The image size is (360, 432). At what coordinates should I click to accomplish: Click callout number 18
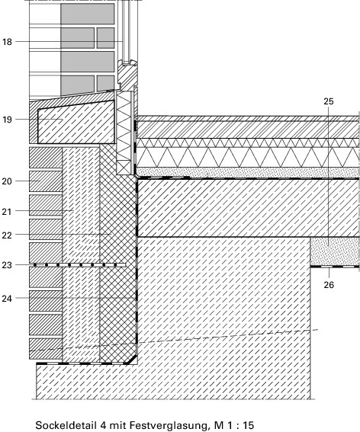click(x=8, y=42)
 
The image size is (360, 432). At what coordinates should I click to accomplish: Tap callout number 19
click(x=8, y=120)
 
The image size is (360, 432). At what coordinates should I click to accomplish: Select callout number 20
click(x=7, y=181)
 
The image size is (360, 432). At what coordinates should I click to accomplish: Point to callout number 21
click(x=7, y=212)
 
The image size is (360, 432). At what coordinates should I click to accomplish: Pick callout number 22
click(x=7, y=235)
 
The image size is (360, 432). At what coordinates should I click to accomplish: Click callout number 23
click(x=7, y=265)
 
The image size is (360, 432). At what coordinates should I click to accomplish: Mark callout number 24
click(x=7, y=299)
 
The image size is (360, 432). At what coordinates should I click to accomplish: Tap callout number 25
click(x=328, y=101)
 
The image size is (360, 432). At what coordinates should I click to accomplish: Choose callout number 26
click(x=329, y=285)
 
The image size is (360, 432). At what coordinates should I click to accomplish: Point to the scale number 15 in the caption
click(x=248, y=425)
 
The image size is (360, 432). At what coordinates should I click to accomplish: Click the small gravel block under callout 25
click(x=335, y=251)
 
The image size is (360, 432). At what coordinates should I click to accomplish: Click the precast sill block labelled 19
click(x=76, y=122)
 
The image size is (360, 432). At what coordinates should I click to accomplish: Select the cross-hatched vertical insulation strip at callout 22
click(x=118, y=254)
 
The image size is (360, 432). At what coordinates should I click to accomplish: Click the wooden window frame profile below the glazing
click(x=127, y=75)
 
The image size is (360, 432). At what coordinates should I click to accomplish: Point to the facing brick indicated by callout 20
click(x=46, y=181)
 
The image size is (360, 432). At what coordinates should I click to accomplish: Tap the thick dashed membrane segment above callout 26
click(x=335, y=267)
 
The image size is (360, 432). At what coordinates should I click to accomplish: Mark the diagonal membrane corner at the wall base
click(x=132, y=359)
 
